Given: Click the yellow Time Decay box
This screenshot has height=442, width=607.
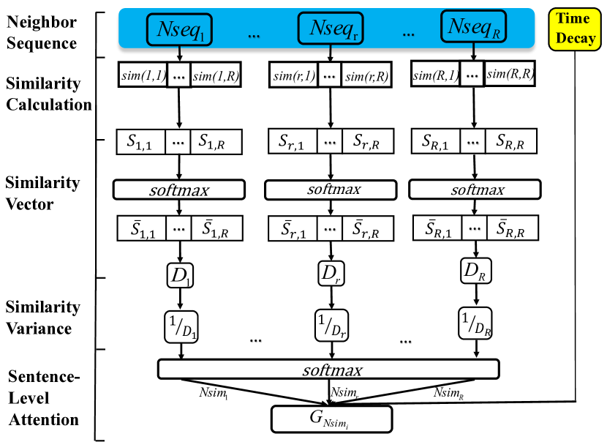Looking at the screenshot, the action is click(575, 29).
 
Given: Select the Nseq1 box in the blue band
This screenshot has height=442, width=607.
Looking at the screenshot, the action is click(179, 29).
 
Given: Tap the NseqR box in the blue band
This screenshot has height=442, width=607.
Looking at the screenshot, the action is click(473, 26).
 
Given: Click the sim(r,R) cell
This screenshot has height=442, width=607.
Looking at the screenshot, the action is click(366, 75).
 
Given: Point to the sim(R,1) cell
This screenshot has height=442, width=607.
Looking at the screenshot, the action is click(436, 74).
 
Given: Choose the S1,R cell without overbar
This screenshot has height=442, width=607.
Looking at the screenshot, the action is click(216, 142).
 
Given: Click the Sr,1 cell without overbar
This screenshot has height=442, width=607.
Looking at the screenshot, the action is click(293, 141).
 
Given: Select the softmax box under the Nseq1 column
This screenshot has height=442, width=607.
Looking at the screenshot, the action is click(179, 190).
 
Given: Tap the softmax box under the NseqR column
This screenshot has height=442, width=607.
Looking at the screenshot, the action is click(475, 189).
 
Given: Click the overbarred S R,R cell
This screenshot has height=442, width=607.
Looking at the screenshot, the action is click(512, 228).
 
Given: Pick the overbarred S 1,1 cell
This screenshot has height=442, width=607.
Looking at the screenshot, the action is click(142, 228).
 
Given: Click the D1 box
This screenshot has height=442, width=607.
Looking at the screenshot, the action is click(180, 275).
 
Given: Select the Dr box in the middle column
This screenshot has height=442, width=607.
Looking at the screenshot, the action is click(331, 273).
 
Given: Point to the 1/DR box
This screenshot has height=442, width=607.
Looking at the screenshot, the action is click(475, 323).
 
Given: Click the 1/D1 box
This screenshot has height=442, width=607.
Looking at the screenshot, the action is click(181, 326).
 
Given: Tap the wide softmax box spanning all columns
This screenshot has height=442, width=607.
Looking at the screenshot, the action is click(328, 369).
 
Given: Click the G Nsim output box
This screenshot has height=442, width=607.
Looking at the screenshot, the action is click(332, 419).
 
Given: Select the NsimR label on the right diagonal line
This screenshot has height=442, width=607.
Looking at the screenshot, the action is click(449, 393).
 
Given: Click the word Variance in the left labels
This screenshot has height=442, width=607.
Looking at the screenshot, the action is click(39, 329).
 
